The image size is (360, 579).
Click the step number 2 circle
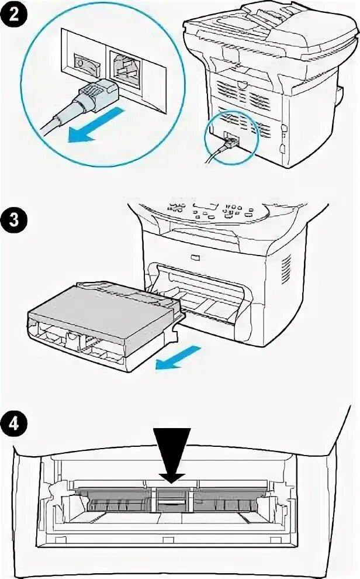(x=13, y=13)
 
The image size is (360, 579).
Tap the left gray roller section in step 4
(x=117, y=500)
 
